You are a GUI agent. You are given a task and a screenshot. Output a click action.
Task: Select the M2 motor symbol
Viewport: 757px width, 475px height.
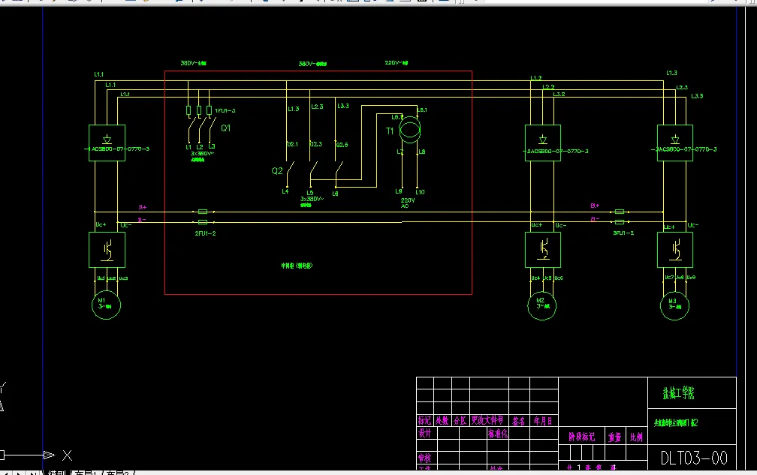(x=541, y=306)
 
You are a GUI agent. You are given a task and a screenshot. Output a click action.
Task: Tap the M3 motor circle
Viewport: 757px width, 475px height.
(x=674, y=305)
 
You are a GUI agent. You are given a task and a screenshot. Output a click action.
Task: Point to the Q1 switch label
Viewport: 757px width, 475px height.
(x=225, y=128)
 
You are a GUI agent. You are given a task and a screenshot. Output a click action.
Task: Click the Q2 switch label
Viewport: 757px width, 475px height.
(x=277, y=171)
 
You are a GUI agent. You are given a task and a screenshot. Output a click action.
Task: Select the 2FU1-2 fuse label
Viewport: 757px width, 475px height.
(x=204, y=233)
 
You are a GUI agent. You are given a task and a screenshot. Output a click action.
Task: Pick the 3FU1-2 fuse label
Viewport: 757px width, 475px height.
(x=623, y=233)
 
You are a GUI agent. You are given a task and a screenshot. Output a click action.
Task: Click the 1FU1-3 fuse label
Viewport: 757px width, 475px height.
(x=225, y=111)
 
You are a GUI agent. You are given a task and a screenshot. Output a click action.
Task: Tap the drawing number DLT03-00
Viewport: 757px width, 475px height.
(x=694, y=457)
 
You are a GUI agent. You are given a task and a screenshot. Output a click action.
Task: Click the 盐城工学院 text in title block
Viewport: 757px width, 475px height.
(x=677, y=393)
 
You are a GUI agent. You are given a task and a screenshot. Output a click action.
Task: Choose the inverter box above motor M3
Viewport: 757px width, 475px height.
(x=674, y=249)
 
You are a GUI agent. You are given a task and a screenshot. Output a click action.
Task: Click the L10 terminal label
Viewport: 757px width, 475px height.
(x=420, y=192)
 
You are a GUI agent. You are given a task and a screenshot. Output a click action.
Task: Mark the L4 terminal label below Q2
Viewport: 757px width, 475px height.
(x=285, y=192)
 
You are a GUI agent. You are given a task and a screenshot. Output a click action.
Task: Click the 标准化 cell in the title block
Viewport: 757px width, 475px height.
(x=498, y=434)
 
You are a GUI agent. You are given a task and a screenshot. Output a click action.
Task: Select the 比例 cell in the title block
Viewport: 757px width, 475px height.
(x=635, y=436)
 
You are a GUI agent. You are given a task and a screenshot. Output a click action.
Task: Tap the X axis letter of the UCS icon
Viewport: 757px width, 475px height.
(x=67, y=455)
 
